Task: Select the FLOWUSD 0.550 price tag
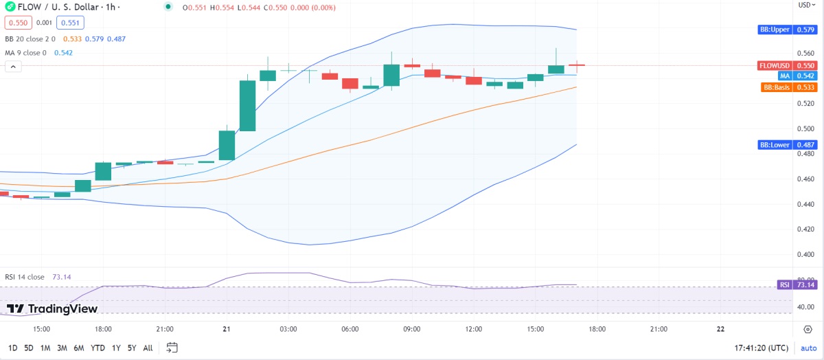click(x=786, y=65)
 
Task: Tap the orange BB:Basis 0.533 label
click(x=788, y=87)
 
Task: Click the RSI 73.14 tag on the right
click(x=794, y=284)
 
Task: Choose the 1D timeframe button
click(x=13, y=348)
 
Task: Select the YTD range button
click(x=98, y=348)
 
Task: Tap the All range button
click(x=148, y=348)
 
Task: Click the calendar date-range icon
click(x=172, y=347)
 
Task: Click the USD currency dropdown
click(x=805, y=5)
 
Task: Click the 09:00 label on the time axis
click(x=411, y=329)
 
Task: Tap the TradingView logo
click(x=52, y=309)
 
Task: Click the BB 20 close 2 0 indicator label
click(x=30, y=39)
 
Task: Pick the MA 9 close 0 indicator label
click(x=26, y=53)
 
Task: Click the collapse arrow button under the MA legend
click(x=13, y=66)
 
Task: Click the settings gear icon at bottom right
click(x=808, y=329)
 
